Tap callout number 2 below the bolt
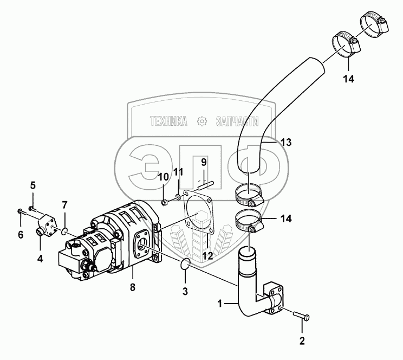point(302,341)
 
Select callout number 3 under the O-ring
point(185,291)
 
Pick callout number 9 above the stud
point(203,162)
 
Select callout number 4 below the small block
point(40,259)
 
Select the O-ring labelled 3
point(184,265)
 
